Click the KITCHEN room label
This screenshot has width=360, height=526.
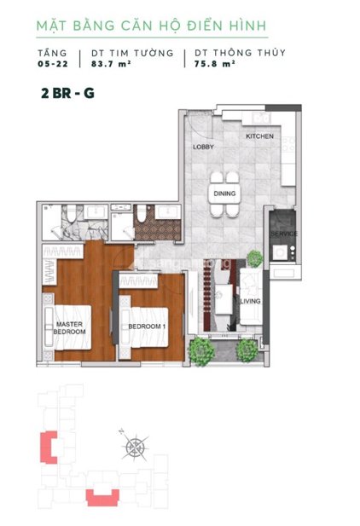259,136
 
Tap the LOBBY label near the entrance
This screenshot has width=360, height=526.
203,147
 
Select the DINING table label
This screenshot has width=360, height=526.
224,194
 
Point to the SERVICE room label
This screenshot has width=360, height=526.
284,234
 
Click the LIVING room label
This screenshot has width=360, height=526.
251,301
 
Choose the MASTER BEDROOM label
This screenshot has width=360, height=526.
69,328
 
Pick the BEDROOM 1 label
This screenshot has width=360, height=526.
147,327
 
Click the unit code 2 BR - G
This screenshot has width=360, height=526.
68,93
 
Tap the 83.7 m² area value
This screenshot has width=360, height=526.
111,64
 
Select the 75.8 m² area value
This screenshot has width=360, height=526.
214,64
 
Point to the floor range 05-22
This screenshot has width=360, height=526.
53,64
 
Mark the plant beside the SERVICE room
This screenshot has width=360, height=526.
255,258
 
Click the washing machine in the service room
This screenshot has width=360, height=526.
280,252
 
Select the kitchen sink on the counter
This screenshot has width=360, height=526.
262,118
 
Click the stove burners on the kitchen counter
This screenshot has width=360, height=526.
288,145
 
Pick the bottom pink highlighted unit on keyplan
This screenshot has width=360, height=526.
102,498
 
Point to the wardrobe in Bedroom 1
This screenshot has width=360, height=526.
138,281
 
